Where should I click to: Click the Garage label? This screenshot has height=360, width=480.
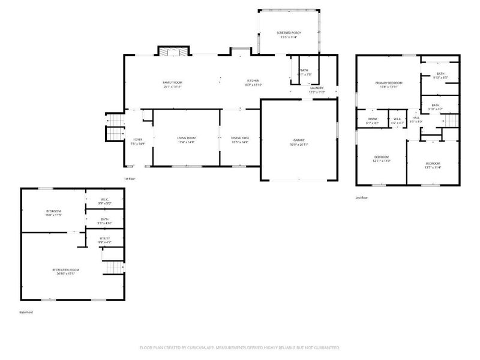coord(298,140)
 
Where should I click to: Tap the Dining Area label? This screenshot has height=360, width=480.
coord(239,138)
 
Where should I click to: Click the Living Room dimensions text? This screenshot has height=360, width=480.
coord(186,142)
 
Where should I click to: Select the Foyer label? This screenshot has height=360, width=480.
coord(137,139)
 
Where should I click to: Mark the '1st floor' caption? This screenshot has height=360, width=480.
coord(130,179)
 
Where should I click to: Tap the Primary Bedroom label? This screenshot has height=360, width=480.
coord(389,83)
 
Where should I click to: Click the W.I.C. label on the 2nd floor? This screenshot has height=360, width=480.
coord(397,119)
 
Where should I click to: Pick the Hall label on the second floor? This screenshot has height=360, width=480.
coord(415,118)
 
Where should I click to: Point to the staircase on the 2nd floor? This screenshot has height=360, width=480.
coord(451,122)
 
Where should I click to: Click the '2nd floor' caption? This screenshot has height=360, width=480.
coord(362,197)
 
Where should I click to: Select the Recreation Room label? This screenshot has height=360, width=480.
coord(65,270)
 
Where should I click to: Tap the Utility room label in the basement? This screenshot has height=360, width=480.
coord(104,238)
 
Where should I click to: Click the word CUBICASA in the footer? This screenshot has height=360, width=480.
coord(190,347)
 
